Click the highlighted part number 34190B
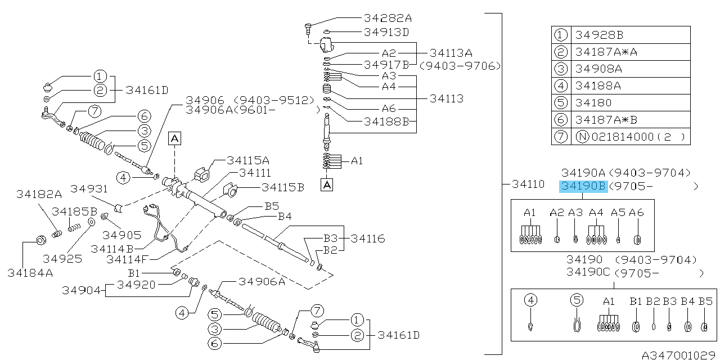click(583, 187)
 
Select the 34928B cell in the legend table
click(599, 35)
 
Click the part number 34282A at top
click(387, 17)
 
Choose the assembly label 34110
click(528, 184)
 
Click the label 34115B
click(283, 187)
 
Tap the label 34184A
click(30, 273)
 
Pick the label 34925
click(62, 259)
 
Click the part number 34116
click(368, 238)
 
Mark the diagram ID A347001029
click(679, 354)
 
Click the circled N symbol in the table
click(581, 137)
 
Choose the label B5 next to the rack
click(272, 205)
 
